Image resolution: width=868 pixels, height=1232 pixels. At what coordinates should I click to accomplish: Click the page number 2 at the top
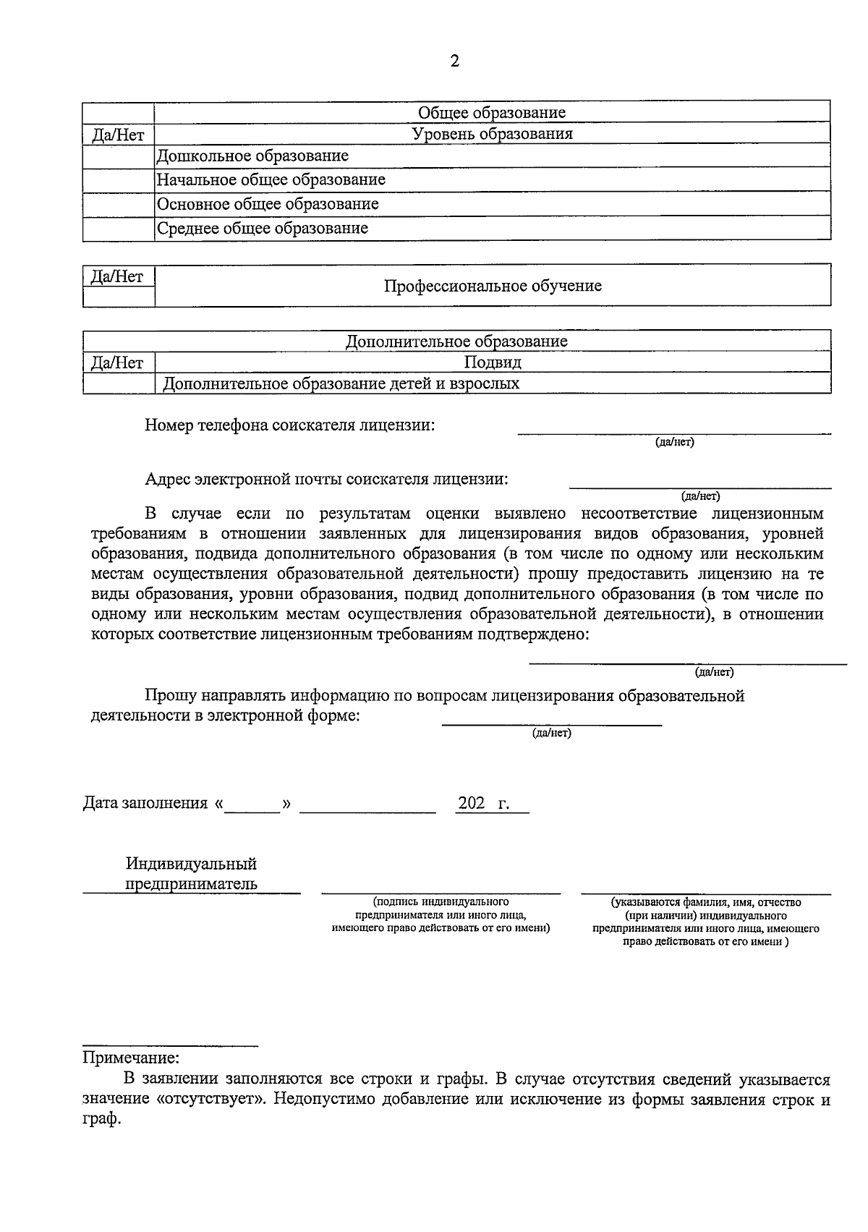click(454, 61)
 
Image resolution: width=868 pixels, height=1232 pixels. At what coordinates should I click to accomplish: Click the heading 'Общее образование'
click(492, 112)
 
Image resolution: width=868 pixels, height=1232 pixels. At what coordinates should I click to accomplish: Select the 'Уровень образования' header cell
click(492, 134)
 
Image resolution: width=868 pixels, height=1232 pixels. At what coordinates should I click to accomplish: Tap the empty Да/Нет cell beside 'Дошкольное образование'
click(118, 156)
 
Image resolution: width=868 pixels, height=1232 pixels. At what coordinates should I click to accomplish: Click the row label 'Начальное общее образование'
click(271, 179)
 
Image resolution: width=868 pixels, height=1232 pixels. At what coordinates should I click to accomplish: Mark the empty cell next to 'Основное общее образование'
click(118, 204)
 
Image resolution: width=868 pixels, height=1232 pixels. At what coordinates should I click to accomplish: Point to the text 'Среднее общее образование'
click(263, 229)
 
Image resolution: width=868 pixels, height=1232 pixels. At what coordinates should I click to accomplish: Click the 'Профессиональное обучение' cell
click(492, 286)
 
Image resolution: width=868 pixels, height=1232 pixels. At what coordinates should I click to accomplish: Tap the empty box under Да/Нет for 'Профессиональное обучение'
click(118, 297)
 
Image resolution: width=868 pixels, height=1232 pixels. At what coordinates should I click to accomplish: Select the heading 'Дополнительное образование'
click(456, 341)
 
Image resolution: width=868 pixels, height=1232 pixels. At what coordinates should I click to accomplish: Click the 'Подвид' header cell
click(492, 362)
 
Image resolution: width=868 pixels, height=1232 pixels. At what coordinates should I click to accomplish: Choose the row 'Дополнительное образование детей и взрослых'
click(341, 383)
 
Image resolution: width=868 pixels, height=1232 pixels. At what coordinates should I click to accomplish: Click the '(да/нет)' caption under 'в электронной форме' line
click(552, 734)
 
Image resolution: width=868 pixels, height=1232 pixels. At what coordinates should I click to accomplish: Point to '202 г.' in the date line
click(483, 804)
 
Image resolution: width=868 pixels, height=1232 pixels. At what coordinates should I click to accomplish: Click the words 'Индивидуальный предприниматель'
click(191, 874)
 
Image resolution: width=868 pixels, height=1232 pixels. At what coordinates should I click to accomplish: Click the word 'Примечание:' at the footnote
click(131, 1058)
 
